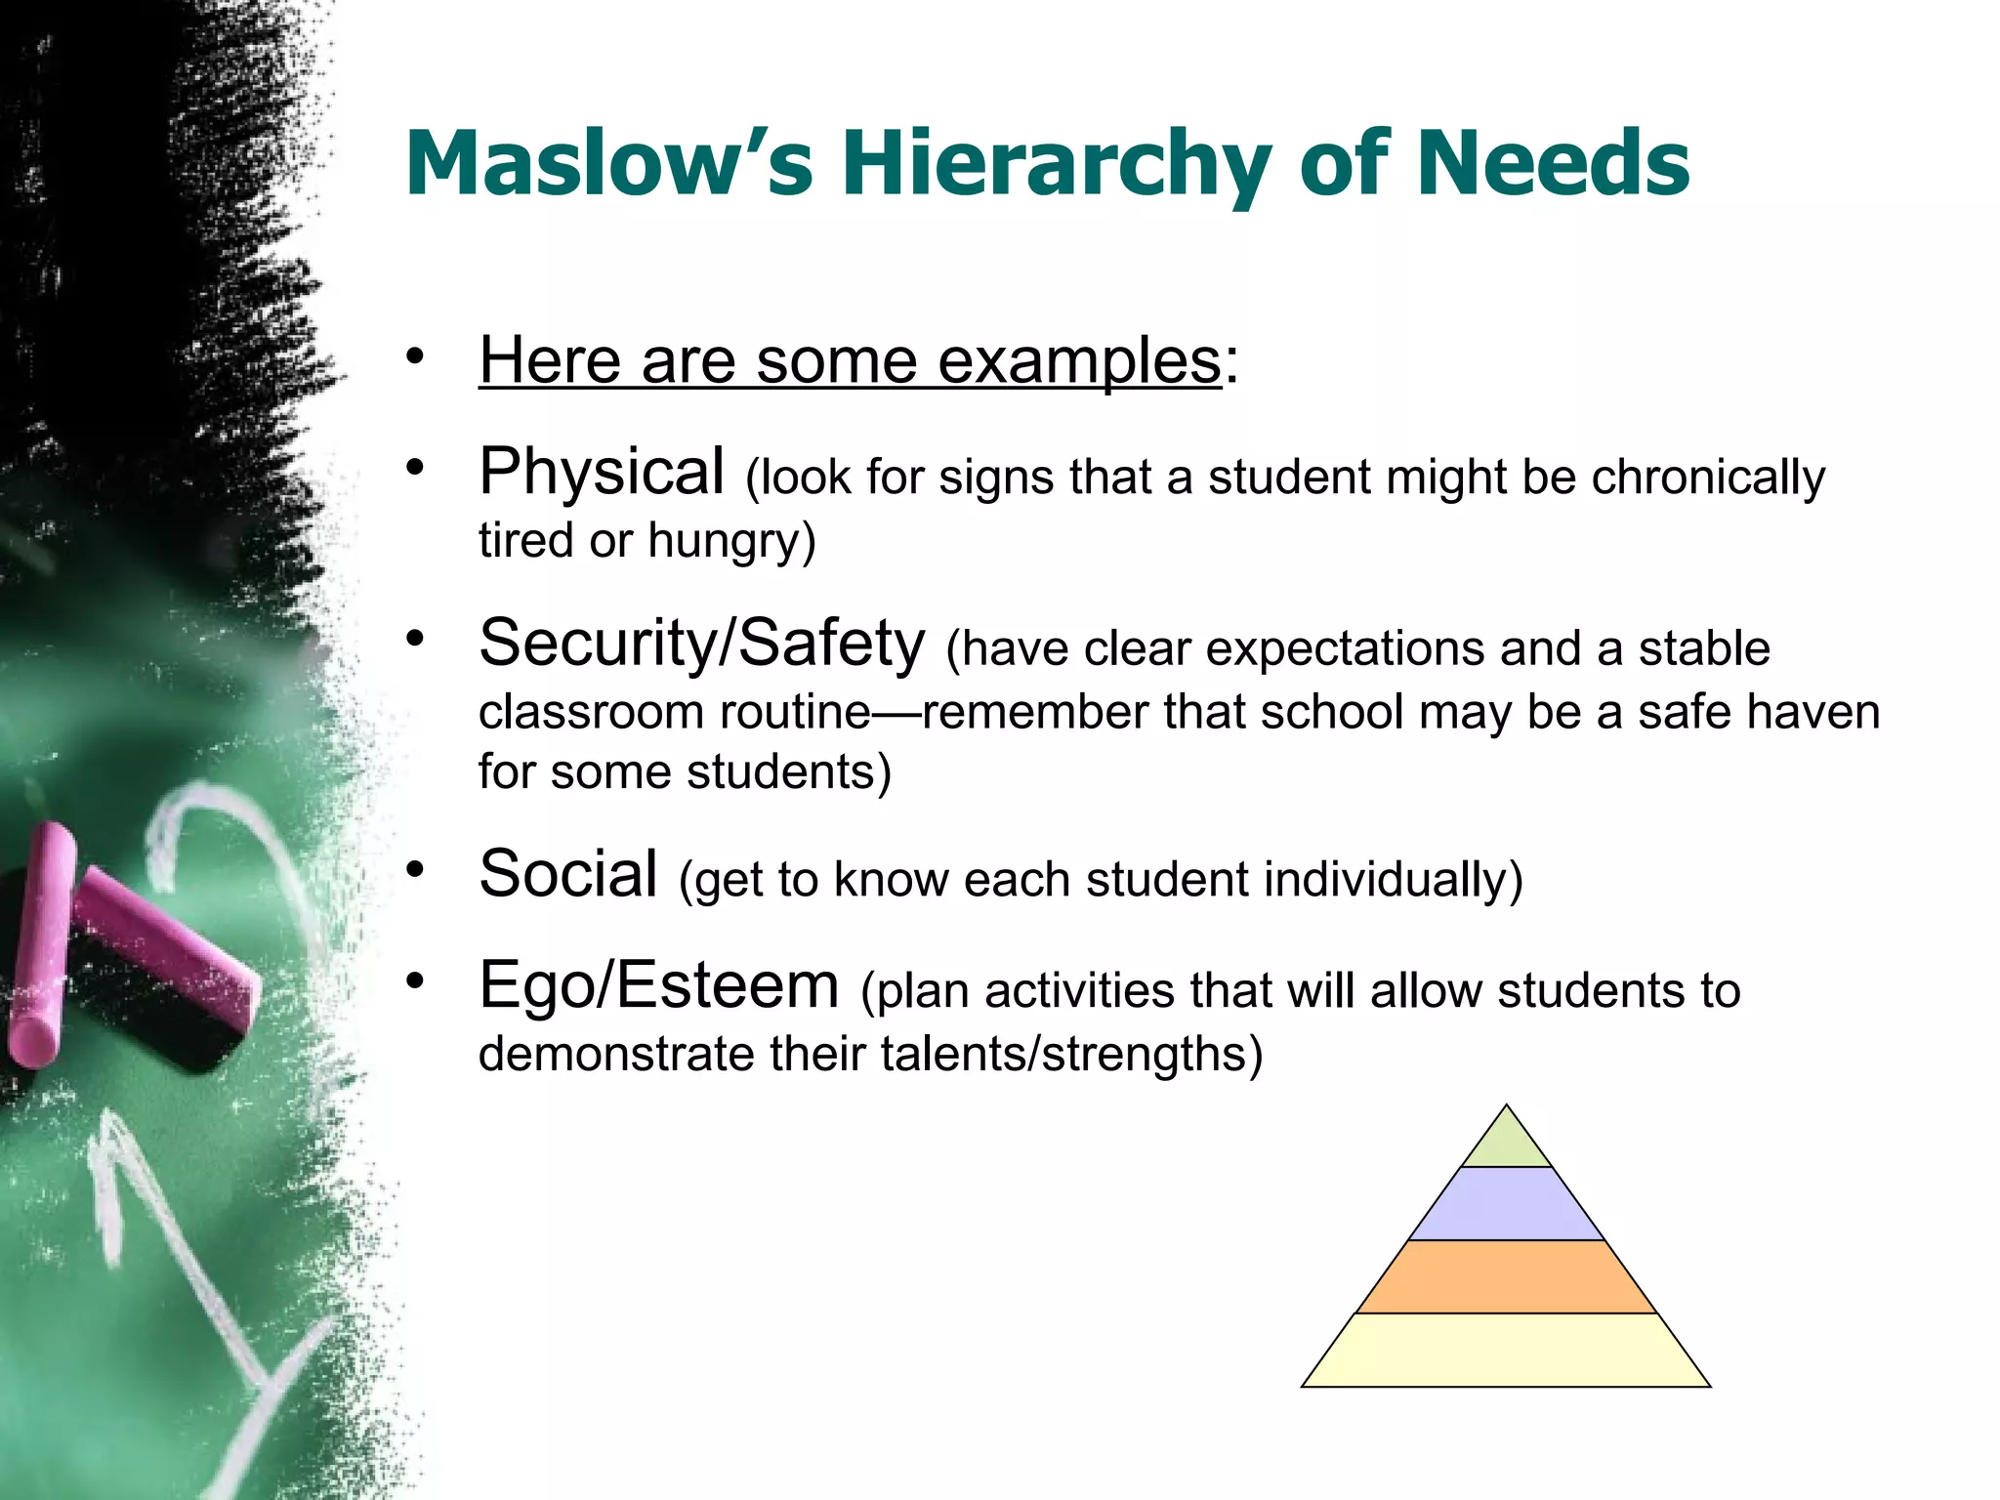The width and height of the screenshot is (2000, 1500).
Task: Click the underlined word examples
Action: click(1079, 361)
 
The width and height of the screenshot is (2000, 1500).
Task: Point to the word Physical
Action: click(602, 472)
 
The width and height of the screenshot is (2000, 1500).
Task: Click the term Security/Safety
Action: click(701, 644)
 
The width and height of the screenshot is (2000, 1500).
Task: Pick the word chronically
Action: click(1708, 479)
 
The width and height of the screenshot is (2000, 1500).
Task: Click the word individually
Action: click(1386, 879)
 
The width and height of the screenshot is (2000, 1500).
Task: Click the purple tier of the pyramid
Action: click(1506, 1204)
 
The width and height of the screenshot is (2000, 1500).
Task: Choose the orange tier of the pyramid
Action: click(1506, 1276)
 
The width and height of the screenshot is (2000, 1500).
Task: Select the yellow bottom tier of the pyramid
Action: click(1506, 1350)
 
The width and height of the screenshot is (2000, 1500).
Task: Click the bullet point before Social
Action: click(416, 868)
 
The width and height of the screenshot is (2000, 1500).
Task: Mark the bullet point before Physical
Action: click(416, 467)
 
